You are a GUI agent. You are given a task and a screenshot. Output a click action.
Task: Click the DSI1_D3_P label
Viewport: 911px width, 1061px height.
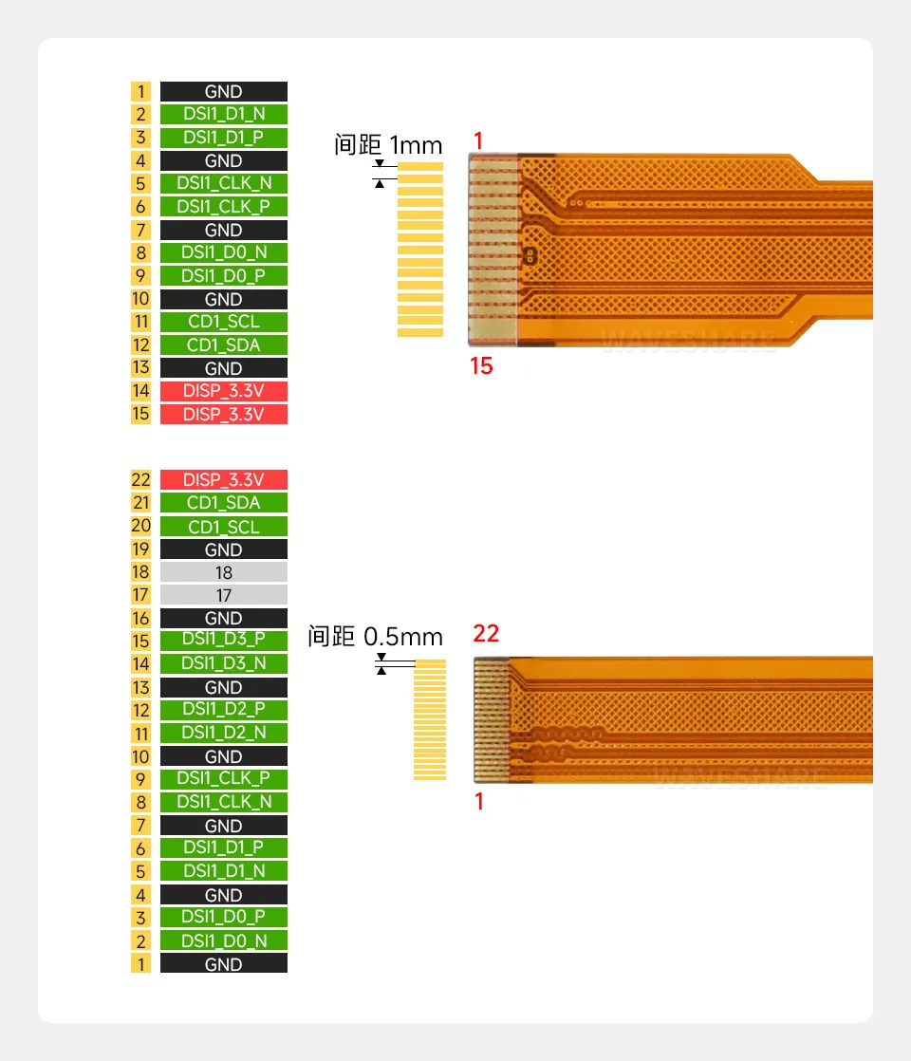[x=223, y=641]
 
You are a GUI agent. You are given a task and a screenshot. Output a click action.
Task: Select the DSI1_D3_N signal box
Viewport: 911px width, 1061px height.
[x=223, y=663]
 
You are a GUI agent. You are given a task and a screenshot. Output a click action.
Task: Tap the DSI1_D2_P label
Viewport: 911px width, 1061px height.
[x=223, y=710]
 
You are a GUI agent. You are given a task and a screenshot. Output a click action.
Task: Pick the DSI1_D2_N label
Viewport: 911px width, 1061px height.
[x=223, y=733]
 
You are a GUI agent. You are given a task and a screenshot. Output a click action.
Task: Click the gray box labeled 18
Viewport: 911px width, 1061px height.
[x=223, y=572]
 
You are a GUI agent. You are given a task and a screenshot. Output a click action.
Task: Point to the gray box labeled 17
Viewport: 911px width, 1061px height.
[x=223, y=595]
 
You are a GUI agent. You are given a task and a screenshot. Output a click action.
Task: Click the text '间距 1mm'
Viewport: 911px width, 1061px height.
[x=388, y=145]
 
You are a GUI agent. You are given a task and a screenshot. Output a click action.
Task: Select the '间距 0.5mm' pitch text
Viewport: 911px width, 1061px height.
[x=375, y=637]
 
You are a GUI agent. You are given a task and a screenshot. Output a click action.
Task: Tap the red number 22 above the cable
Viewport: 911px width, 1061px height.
[x=486, y=634]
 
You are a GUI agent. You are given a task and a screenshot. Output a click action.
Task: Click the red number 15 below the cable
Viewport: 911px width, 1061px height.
[x=482, y=365]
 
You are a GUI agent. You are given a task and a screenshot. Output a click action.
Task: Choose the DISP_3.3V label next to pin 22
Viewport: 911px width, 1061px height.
[x=223, y=480]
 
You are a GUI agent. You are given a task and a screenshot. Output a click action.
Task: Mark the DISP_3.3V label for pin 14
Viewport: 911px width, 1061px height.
[x=223, y=391]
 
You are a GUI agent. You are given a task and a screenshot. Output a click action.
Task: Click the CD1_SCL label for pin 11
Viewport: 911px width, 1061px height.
[x=223, y=322]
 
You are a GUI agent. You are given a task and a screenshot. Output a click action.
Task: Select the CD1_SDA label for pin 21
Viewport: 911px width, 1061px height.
[x=223, y=503]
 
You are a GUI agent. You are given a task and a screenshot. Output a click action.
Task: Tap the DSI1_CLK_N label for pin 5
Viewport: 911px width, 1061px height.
[x=223, y=183]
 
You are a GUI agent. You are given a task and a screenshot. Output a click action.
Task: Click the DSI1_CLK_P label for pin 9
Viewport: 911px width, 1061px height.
[x=223, y=779]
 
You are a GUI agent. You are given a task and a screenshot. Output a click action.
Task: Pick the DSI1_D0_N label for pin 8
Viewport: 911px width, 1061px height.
[x=223, y=252]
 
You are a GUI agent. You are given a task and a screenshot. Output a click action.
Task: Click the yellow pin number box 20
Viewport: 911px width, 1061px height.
[x=140, y=526]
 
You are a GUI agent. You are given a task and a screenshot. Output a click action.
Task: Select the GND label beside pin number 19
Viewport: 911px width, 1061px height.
[x=223, y=549]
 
